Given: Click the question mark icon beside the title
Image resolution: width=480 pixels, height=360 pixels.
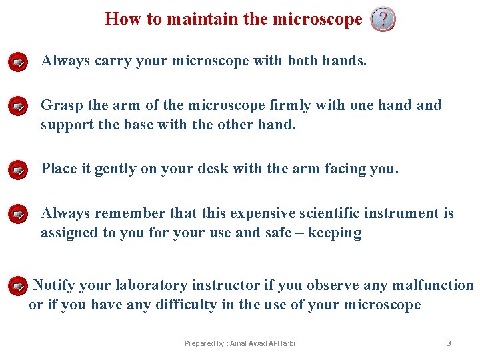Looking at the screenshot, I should tap(383, 20).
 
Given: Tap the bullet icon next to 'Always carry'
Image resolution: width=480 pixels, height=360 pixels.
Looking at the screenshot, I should tap(19, 63).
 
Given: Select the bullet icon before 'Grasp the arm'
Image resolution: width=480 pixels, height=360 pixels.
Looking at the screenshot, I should tap(19, 106).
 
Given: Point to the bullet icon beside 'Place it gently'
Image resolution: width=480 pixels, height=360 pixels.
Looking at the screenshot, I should tap(19, 170).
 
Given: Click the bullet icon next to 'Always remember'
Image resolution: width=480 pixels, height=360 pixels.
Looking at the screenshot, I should tap(19, 215).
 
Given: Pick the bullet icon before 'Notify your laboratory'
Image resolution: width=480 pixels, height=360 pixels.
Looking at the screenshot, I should tap(19, 287).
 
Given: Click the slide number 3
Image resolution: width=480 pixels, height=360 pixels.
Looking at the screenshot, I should tap(449, 343).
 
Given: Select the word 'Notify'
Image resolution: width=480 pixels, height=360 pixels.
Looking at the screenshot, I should tap(53, 285).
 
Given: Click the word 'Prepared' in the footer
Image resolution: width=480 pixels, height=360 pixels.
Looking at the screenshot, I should tap(199, 343).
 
